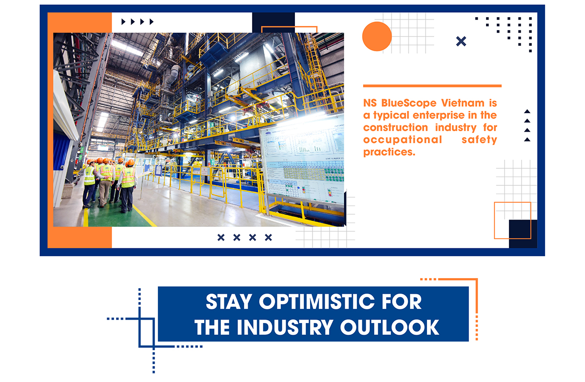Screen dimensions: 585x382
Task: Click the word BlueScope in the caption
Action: (409, 103)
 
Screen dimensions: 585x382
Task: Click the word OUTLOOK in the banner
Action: (390, 327)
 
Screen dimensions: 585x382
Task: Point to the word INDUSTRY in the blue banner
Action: (285, 327)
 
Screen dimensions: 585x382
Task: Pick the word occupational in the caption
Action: (403, 140)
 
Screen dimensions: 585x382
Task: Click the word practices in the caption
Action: (389, 152)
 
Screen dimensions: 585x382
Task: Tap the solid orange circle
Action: (377, 36)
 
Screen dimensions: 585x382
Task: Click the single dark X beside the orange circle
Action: (461, 41)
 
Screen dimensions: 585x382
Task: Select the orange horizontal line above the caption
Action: (432, 86)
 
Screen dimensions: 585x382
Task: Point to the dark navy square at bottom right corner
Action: (523, 234)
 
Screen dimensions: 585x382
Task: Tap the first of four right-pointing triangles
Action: (123, 21)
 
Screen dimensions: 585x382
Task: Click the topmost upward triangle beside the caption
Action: (527, 111)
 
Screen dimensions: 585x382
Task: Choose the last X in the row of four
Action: (268, 237)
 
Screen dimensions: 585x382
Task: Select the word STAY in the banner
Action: (229, 302)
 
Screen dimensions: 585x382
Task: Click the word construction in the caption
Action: (395, 127)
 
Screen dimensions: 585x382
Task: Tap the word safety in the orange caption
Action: (479, 140)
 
